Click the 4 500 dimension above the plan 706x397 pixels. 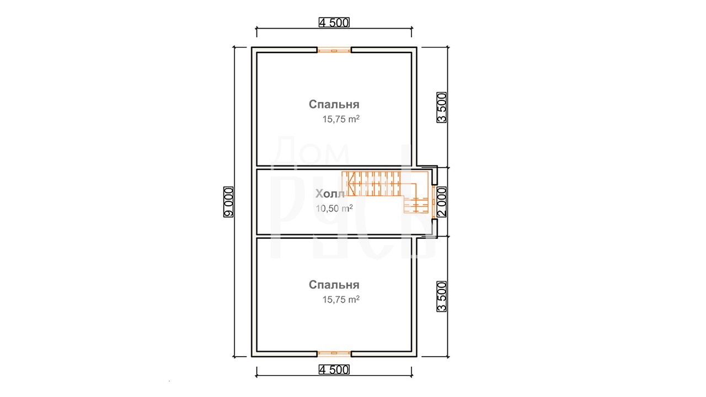click(x=334, y=23)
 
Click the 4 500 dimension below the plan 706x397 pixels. click(x=334, y=369)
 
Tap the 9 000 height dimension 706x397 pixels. click(x=228, y=202)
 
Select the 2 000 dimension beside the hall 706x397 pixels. click(x=442, y=202)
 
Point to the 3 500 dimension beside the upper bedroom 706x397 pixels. click(x=442, y=108)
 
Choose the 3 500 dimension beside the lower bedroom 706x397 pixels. click(x=442, y=297)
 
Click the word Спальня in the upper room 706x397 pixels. click(x=334, y=104)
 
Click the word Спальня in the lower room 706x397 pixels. click(x=334, y=285)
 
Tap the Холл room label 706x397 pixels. click(x=330, y=194)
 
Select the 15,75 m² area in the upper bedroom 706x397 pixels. click(x=341, y=119)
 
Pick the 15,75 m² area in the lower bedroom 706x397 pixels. click(x=341, y=299)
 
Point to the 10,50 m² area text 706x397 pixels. click(x=334, y=208)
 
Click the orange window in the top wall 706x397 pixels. click(x=334, y=50)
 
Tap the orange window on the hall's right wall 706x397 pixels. click(x=434, y=202)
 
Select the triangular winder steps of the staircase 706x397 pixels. click(x=349, y=184)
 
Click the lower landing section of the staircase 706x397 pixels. click(x=416, y=204)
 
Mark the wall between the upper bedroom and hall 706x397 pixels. click(x=334, y=167)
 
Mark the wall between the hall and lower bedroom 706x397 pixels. click(x=334, y=237)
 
